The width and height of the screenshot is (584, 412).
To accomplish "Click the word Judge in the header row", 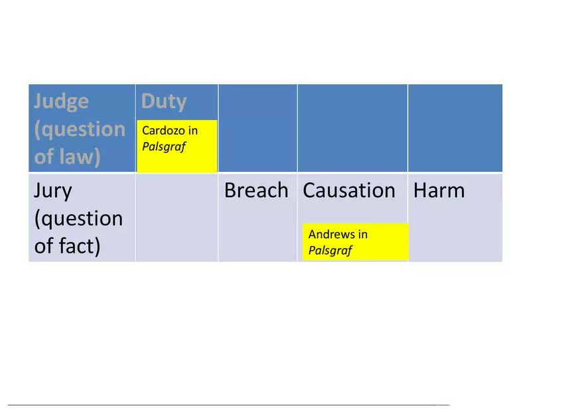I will click(61, 102).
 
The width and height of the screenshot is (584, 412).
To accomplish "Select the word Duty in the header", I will click(163, 102).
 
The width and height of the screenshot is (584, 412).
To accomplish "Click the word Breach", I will click(256, 190).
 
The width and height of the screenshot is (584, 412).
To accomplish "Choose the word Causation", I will click(349, 190).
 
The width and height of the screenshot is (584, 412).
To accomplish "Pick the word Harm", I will click(439, 190).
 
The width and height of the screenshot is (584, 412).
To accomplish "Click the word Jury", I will click(52, 190).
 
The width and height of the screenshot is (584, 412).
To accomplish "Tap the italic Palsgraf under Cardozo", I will click(163, 147).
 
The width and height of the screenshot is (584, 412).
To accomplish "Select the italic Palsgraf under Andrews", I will click(330, 251).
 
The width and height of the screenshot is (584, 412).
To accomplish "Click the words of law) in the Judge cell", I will click(67, 157).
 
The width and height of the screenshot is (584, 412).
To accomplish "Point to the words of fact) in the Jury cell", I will click(67, 246).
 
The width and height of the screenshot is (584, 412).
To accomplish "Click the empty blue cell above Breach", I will click(257, 128).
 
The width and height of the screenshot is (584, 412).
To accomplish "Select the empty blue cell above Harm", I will click(455, 128).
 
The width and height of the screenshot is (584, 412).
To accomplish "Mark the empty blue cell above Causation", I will click(352, 128).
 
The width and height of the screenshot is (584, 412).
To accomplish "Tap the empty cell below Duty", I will click(177, 218).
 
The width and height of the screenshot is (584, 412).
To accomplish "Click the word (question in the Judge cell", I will click(79, 129).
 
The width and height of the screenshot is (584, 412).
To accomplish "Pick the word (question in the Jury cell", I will click(78, 218).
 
